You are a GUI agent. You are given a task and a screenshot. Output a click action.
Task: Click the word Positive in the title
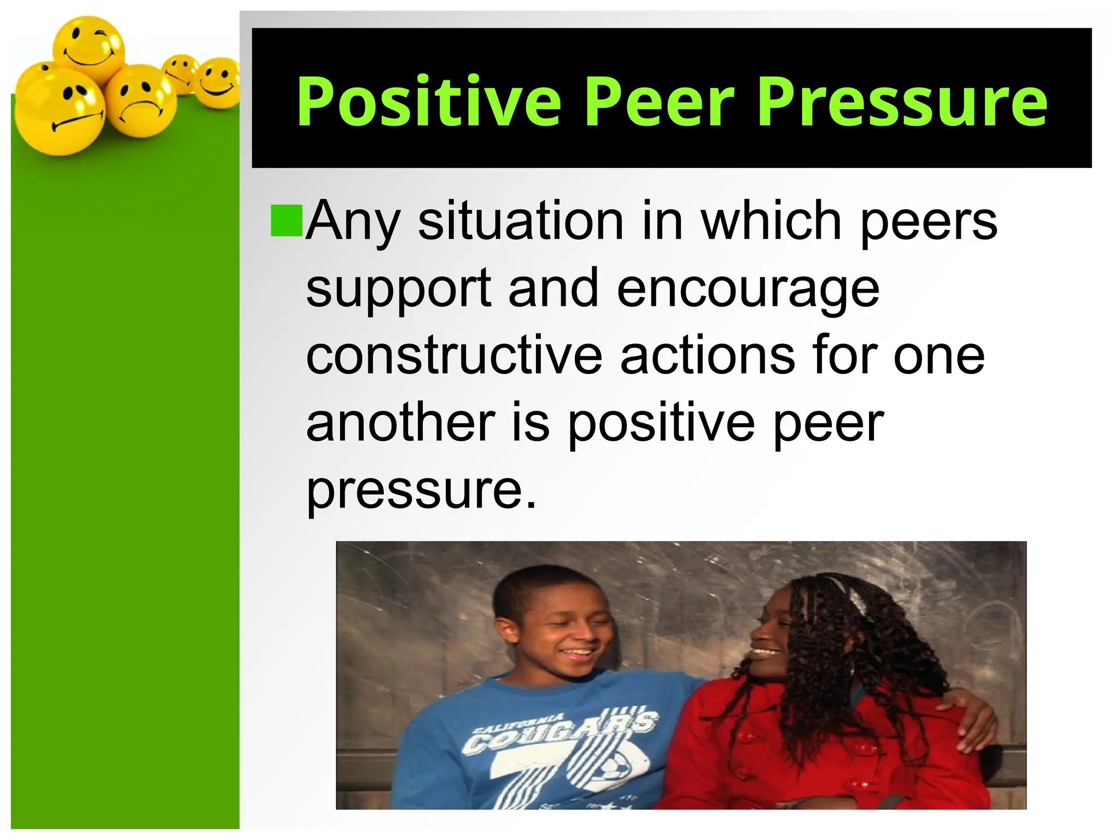tap(429, 102)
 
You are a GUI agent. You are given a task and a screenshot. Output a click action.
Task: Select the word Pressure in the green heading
tap(902, 102)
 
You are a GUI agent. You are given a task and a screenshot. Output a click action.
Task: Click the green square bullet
tap(287, 220)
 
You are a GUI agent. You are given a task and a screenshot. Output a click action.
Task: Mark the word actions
tap(707, 355)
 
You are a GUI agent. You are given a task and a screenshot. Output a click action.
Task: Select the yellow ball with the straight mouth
tap(59, 112)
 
